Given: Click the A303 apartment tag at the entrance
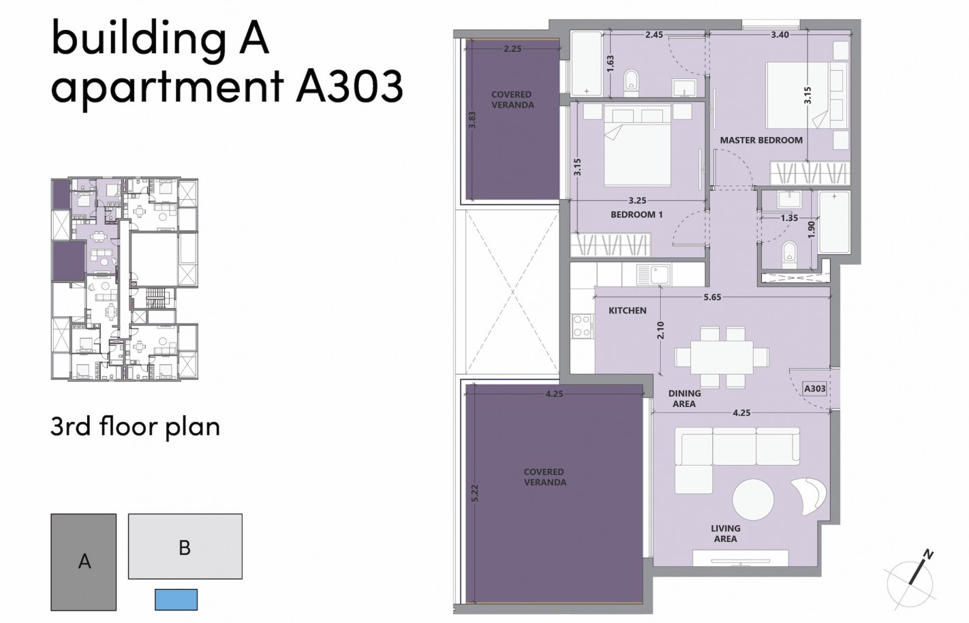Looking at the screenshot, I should tap(815, 389).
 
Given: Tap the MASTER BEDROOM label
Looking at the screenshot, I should tap(761, 140).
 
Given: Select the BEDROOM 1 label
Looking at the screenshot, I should tap(636, 215).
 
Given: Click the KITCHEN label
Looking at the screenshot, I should tap(627, 311).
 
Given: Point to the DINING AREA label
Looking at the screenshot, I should tap(684, 399).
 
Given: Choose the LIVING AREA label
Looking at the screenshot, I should tap(725, 534).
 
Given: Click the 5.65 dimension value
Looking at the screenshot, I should tap(712, 297).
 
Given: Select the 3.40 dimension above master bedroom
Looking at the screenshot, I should tap(780, 35).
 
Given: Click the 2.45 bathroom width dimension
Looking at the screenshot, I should tap(654, 35).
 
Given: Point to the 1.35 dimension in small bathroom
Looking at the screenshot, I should tap(788, 219).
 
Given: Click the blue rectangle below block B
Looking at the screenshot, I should tap(176, 599).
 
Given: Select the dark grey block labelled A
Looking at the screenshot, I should tap(84, 562).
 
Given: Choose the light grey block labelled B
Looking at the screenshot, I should tap(185, 547).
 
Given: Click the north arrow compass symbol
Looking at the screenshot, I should tap(910, 575).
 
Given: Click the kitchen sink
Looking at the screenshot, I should tap(653, 275).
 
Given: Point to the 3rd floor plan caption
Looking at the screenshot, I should tap(135, 427).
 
